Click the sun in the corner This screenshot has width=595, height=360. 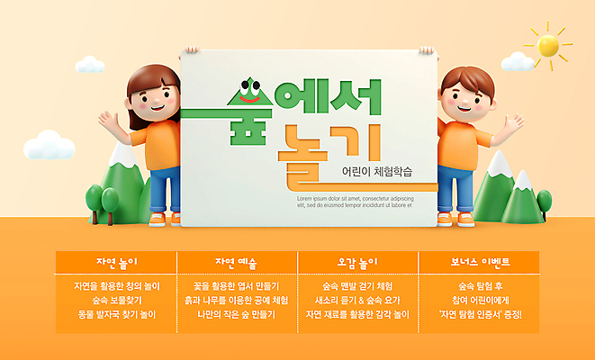coord(548,44)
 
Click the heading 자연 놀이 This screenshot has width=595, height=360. coord(116,263)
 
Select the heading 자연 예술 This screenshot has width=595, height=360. coord(236,263)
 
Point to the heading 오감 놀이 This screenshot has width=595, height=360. coord(357,263)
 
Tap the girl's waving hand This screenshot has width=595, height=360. coord(110,121)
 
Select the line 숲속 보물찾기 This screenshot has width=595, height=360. coord(116,300)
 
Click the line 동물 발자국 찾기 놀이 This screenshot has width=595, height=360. coord(116,315)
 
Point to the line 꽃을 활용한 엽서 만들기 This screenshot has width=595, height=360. coord(236,285)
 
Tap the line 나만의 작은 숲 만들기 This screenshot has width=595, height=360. coord(236,315)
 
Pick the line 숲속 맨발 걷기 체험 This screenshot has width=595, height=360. coord(357,285)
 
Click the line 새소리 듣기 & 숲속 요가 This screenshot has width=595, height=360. coord(357,300)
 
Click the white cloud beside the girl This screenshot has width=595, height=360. coord(49,145)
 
